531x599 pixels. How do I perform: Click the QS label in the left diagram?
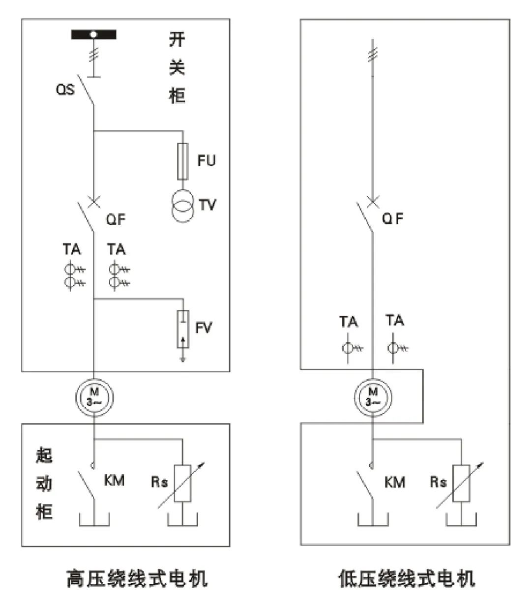[x=65, y=90]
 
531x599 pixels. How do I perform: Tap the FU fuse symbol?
[x=183, y=161]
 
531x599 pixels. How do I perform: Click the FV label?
[x=204, y=328]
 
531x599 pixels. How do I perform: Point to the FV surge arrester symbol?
[x=183, y=330]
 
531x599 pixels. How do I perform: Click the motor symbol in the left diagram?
[x=94, y=396]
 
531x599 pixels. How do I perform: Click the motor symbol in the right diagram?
[x=373, y=396]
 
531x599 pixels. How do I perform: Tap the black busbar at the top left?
[x=94, y=34]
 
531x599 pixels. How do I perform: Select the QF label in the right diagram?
[x=393, y=218]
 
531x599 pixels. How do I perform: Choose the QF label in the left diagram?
[x=116, y=219]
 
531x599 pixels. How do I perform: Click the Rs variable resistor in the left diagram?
[x=183, y=482]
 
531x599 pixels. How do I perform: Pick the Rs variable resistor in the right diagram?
[x=462, y=482]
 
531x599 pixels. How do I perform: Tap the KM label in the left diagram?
[x=114, y=480]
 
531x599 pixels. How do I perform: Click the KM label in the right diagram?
[x=395, y=482]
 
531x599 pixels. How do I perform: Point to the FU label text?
[x=206, y=160]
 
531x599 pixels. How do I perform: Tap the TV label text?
[x=207, y=204]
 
